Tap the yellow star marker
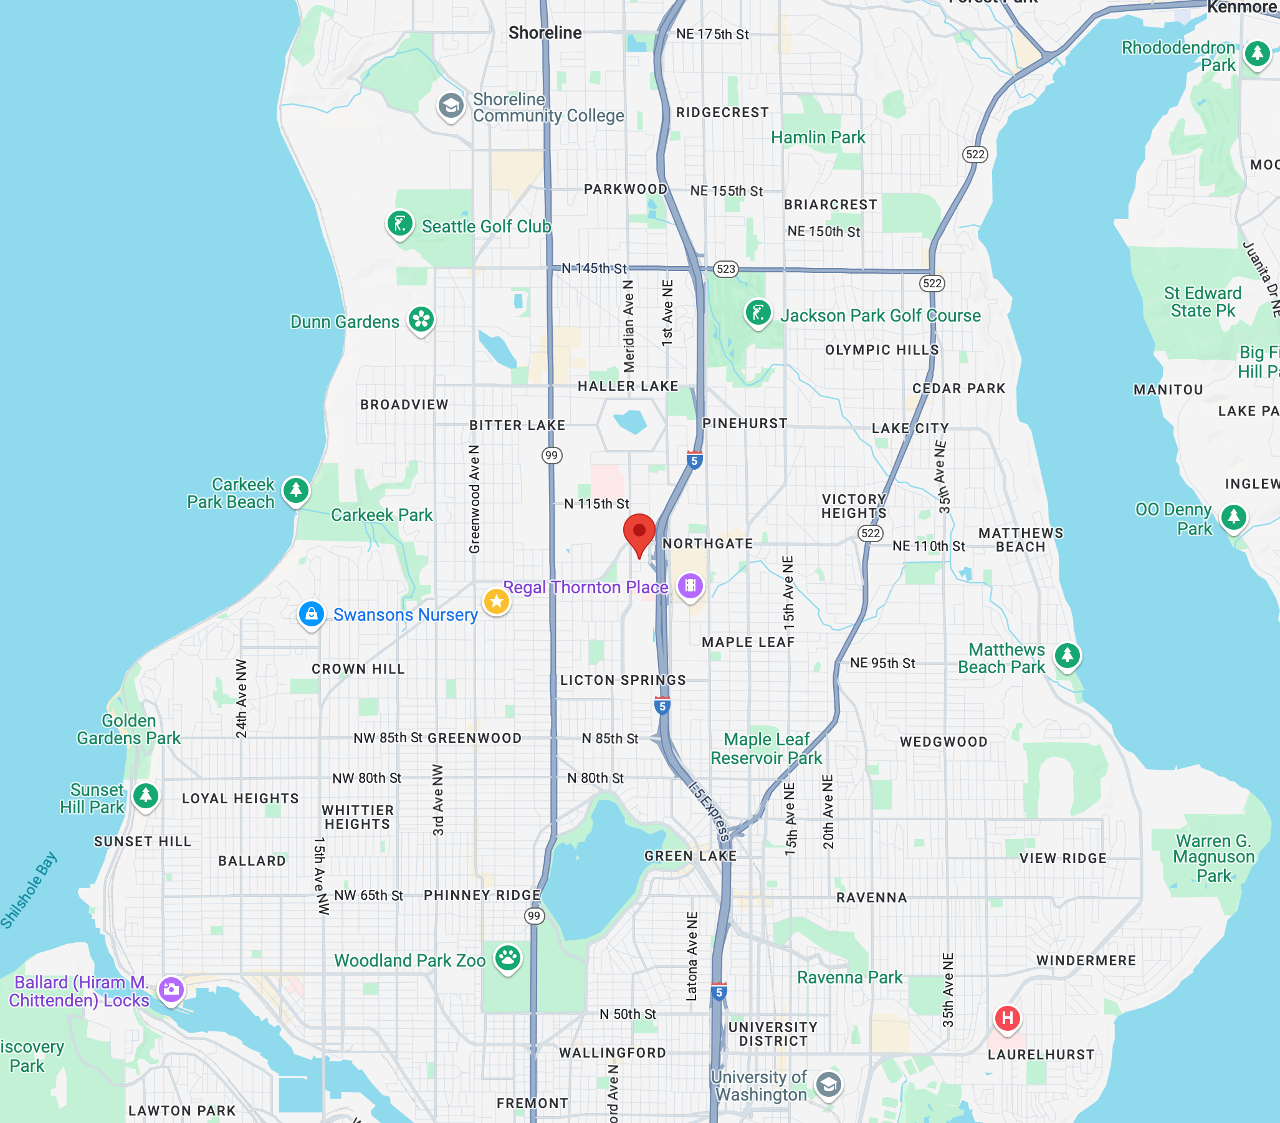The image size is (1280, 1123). [497, 602]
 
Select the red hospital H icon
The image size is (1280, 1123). [1008, 1018]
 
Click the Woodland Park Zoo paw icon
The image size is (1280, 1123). [508, 958]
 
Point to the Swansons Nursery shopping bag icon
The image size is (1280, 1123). [311, 614]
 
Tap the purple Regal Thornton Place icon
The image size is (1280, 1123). [690, 586]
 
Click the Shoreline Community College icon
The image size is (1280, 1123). [451, 106]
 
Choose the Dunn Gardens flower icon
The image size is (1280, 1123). [421, 320]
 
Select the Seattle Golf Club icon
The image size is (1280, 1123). [400, 223]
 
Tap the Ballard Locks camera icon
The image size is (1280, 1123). [171, 990]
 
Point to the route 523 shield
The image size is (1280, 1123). [726, 269]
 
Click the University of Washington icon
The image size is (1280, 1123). [828, 1084]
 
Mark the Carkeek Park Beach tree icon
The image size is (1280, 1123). [295, 490]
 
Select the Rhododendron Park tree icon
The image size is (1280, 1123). [1257, 54]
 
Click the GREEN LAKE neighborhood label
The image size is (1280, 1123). [690, 856]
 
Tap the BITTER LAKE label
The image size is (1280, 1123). [517, 425]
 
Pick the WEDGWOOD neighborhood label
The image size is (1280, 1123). [943, 742]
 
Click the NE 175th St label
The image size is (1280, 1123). [712, 34]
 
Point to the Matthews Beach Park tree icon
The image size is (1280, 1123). [1067, 656]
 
